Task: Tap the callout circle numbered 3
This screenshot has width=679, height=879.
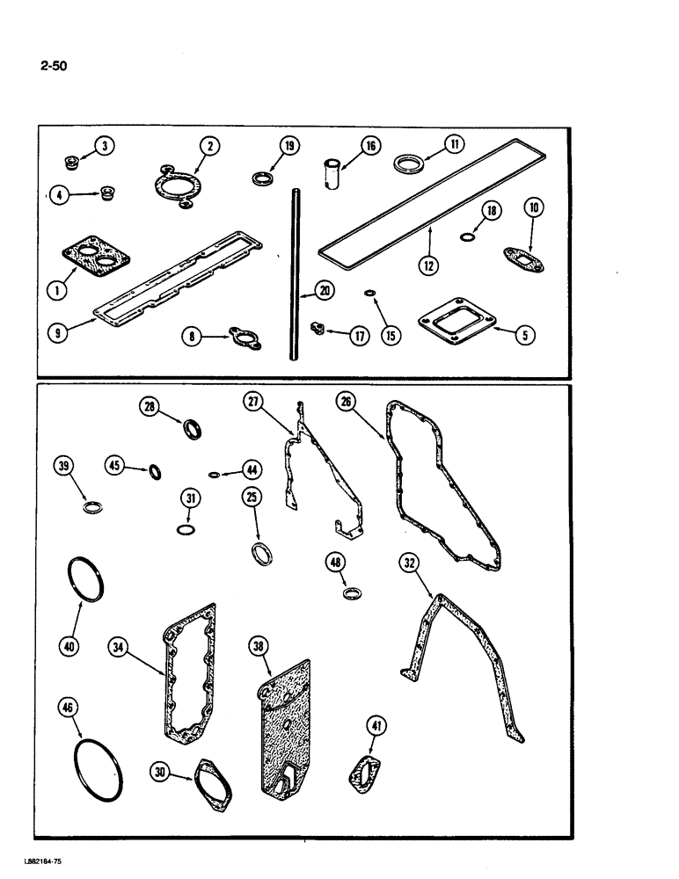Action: tap(105, 146)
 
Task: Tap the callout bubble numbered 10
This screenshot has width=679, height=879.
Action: tap(535, 208)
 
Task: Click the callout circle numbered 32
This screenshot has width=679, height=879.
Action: tap(408, 561)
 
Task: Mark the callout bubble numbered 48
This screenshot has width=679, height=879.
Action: tap(337, 562)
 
